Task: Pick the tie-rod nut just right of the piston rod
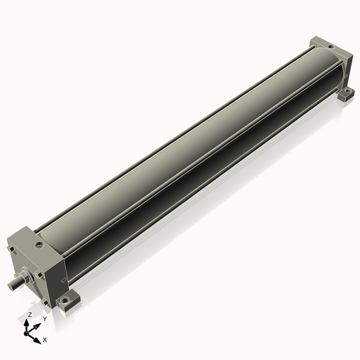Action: [x=38, y=274]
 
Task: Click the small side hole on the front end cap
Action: [x=64, y=280]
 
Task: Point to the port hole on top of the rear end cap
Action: [x=331, y=47]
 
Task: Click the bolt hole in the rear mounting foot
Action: [x=349, y=91]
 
